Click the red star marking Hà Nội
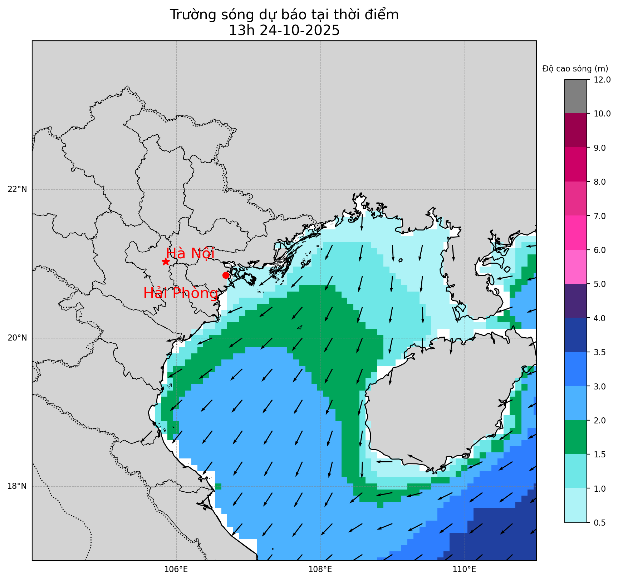tap(165, 262)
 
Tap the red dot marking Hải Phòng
tap(226, 275)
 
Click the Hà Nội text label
tap(190, 253)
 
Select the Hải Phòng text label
tap(181, 293)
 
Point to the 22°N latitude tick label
tap(17, 189)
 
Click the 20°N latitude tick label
tap(17, 338)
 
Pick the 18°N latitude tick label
tap(17, 486)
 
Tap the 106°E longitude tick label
tap(176, 570)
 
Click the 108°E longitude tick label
tap(320, 570)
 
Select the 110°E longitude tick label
tap(464, 570)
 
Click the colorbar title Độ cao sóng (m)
tap(575, 69)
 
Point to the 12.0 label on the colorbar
tap(602, 80)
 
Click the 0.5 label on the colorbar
tap(600, 523)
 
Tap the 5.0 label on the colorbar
tap(600, 284)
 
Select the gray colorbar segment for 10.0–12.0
tap(575, 96)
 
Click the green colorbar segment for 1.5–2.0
tap(575, 437)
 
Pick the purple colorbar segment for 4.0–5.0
tap(575, 301)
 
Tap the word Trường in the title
tap(191, 15)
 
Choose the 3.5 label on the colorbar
tap(600, 352)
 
